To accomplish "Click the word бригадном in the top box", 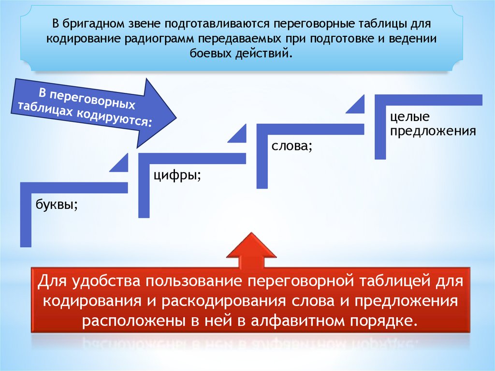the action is pos(91,24).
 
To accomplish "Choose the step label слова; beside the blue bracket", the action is pos(291,146).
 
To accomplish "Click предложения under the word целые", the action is pos(434,131).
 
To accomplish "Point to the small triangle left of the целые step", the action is pos(357,105).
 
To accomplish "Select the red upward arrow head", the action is pos(252,248).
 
